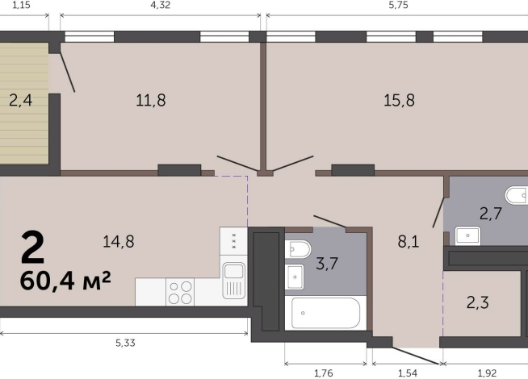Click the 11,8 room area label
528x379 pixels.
click(151, 100)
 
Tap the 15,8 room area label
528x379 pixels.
click(399, 100)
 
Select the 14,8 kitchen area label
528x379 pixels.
click(119, 241)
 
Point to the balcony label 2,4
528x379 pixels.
click(20, 100)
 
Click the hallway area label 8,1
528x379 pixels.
click(409, 241)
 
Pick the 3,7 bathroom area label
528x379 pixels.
click(327, 263)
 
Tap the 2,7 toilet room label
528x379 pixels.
click(491, 214)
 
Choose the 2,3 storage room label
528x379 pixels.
click(478, 302)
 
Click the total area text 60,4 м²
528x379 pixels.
click(65, 281)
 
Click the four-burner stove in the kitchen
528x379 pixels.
click(180, 292)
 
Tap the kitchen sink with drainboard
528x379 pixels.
click(233, 281)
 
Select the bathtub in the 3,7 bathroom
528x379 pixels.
click(325, 313)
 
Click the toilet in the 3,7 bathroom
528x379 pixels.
click(298, 249)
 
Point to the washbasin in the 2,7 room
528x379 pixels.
click(467, 235)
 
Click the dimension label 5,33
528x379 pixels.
click(125, 343)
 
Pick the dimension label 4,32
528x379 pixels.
click(161, 5)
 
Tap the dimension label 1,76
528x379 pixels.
click(323, 373)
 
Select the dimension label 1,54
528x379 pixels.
click(408, 373)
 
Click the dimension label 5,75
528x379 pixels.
click(398, 5)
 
